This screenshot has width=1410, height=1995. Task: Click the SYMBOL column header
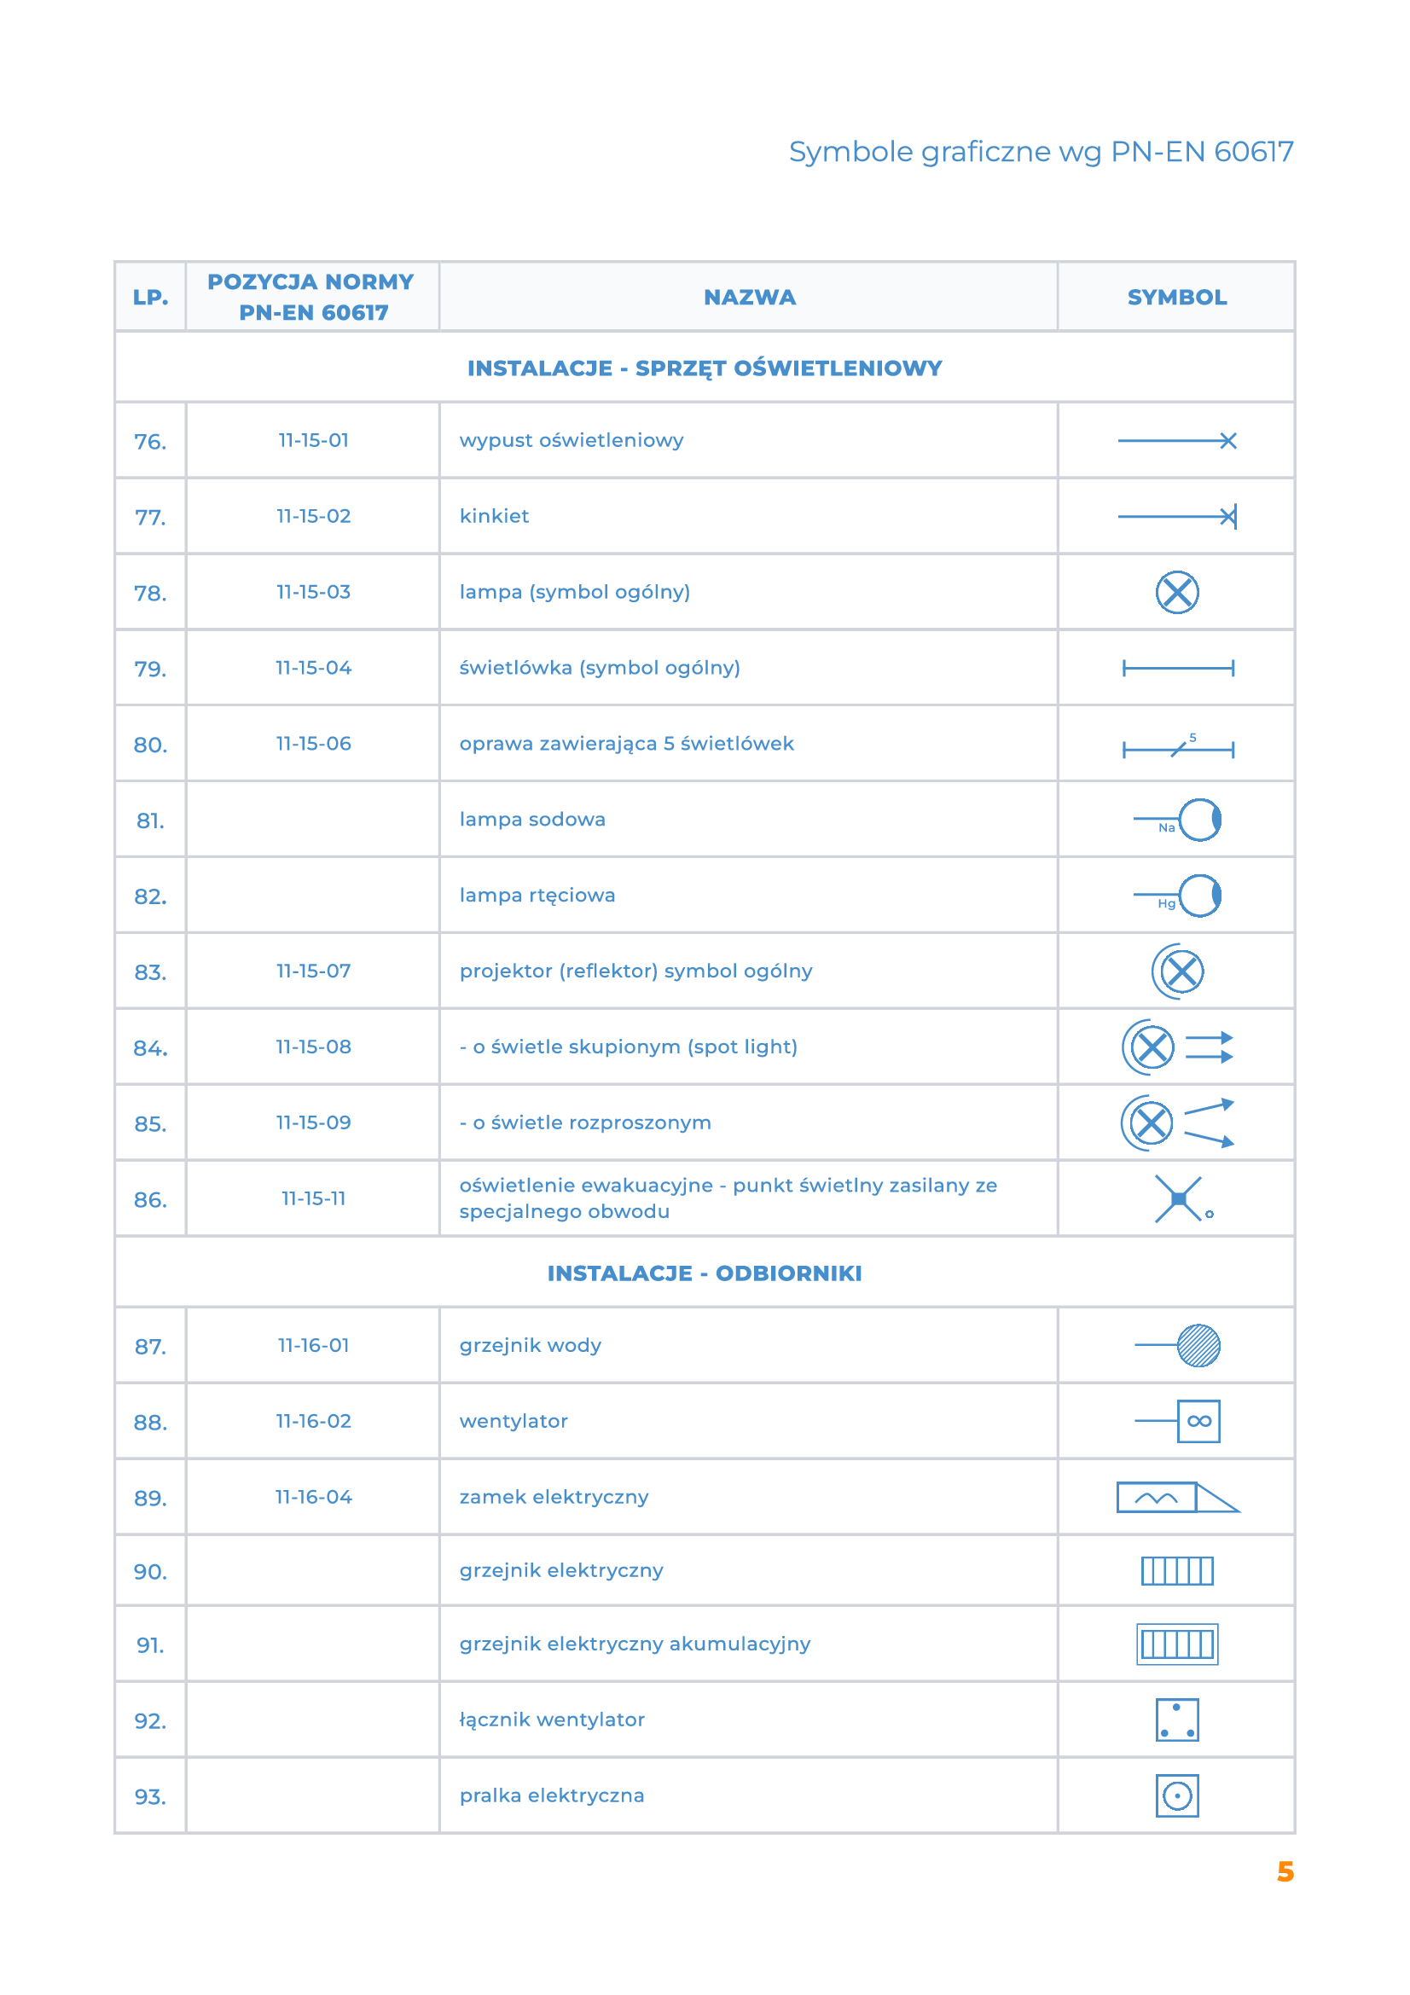point(1176,297)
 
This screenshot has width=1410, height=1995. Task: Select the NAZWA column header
point(749,297)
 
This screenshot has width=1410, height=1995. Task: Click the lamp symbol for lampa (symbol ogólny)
point(1176,593)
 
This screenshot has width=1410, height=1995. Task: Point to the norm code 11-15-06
point(314,744)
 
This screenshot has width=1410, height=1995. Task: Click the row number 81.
point(150,821)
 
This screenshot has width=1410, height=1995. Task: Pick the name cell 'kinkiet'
point(495,516)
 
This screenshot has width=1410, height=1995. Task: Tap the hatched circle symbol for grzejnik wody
point(1198,1346)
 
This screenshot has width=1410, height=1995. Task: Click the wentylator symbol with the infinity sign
point(1198,1422)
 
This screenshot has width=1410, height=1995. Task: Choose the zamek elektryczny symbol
point(1176,1497)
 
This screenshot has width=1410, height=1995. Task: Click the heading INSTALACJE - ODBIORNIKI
point(705,1273)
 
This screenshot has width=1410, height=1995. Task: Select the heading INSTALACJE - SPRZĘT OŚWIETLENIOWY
point(705,368)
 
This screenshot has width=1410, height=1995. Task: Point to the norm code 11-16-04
point(314,1497)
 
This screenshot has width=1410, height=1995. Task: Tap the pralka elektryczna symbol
point(1176,1796)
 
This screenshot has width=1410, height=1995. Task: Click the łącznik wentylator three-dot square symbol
point(1176,1720)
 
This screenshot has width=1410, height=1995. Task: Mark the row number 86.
point(150,1200)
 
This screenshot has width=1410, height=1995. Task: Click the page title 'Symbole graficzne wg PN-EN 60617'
point(1041,152)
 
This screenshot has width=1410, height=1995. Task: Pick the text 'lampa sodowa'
point(531,820)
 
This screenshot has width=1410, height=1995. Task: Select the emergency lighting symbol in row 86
point(1179,1200)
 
